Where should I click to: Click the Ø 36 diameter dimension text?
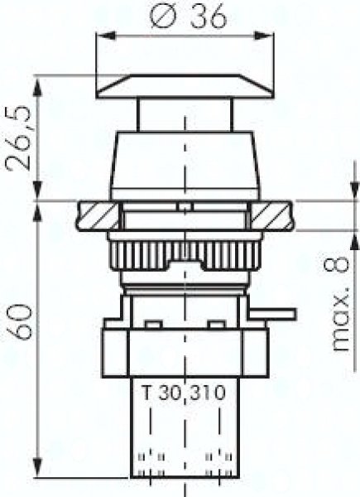188,16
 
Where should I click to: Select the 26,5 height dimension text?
20,138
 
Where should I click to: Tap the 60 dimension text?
20,321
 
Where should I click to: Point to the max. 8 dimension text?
341,304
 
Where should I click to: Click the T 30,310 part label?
184,393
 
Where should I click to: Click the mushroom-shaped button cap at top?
185,86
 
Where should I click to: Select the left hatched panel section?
98,216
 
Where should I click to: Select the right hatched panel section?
271,216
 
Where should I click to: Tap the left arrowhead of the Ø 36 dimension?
104,36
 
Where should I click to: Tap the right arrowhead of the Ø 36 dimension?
265,36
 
